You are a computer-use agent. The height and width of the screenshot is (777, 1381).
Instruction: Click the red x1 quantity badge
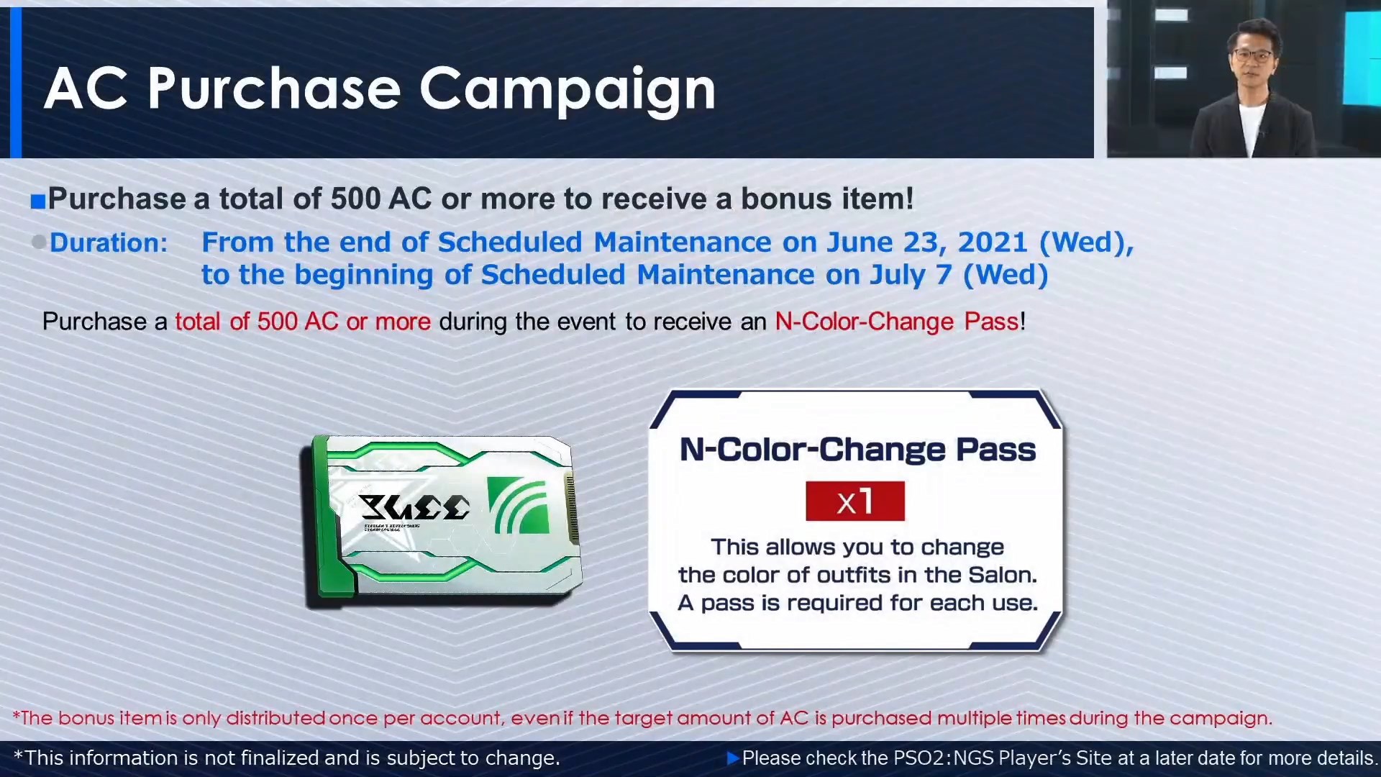pos(855,501)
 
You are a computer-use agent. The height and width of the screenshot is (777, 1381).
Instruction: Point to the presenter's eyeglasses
pos(1252,55)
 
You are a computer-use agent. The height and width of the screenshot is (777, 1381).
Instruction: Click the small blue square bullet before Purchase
pos(38,201)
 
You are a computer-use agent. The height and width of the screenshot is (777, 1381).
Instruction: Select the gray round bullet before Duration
pos(39,242)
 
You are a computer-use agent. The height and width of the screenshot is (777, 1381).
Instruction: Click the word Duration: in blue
pos(109,242)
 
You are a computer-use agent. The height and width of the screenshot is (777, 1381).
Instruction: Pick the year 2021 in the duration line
pos(993,242)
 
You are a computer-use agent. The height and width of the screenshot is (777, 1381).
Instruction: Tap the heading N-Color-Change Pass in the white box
pos(857,450)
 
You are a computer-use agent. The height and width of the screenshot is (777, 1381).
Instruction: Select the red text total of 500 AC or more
pos(303,321)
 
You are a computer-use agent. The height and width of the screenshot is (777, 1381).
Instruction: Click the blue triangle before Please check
pos(733,758)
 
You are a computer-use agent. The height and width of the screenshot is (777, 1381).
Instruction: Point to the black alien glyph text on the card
pos(414,507)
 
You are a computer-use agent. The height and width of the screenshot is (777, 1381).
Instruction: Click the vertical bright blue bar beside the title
pos(16,83)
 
